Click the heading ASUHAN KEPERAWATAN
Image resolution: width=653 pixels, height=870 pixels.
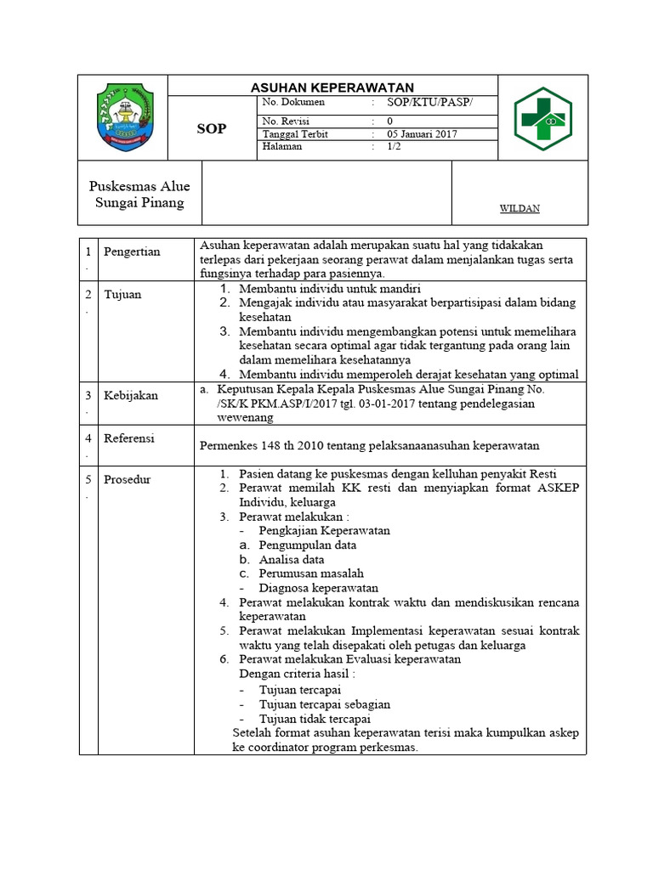pyautogui.click(x=332, y=88)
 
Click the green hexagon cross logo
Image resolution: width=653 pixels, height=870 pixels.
pyautogui.click(x=543, y=118)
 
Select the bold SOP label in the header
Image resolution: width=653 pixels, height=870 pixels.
pyautogui.click(x=212, y=128)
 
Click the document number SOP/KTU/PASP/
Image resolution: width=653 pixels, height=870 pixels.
pyautogui.click(x=429, y=103)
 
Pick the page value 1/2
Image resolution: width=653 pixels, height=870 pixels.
pyautogui.click(x=395, y=146)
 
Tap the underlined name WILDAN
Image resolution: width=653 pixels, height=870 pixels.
pyautogui.click(x=519, y=208)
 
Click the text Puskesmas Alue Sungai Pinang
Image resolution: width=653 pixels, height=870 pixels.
pyautogui.click(x=139, y=195)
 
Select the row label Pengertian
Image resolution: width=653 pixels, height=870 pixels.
pyautogui.click(x=132, y=252)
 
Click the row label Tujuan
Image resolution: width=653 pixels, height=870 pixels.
pyautogui.click(x=122, y=295)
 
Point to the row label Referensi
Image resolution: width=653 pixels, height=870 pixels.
pyautogui.click(x=129, y=438)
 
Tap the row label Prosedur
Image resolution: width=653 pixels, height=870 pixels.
pyautogui.click(x=128, y=480)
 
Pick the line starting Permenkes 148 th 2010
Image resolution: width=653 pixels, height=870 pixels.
pyautogui.click(x=369, y=445)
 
